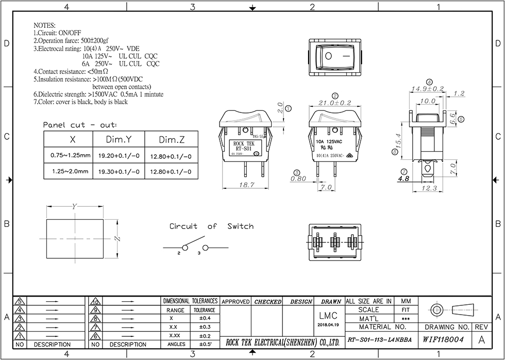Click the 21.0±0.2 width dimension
(x=335, y=103)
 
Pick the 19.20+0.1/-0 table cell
(x=119, y=155)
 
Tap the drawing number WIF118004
(x=443, y=340)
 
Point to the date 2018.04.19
(x=328, y=325)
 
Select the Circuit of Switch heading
(x=211, y=226)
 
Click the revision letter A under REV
(x=481, y=340)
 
